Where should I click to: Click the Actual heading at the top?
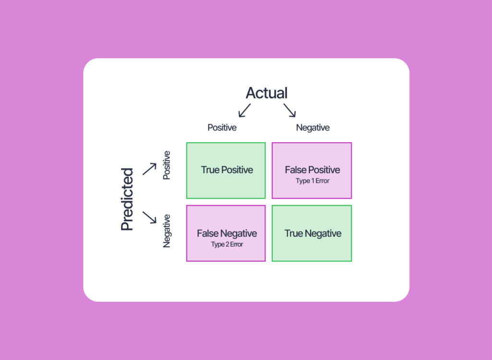pyautogui.click(x=267, y=93)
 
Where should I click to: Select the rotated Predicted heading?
pyautogui.click(x=127, y=199)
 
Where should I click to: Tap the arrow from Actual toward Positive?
pyautogui.click(x=245, y=110)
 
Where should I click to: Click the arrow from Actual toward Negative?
pyautogui.click(x=290, y=110)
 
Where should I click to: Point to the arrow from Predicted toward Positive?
pyautogui.click(x=149, y=169)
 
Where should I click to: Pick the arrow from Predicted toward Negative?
pyautogui.click(x=149, y=217)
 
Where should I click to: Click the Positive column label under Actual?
pyautogui.click(x=222, y=128)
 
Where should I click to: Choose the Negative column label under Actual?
pyautogui.click(x=313, y=128)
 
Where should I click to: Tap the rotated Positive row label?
pyautogui.click(x=167, y=165)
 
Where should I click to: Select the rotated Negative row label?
pyautogui.click(x=167, y=231)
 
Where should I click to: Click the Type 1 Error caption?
pyautogui.click(x=313, y=181)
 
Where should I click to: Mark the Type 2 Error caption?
pyautogui.click(x=227, y=244)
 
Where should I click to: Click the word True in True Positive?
pyautogui.click(x=210, y=170)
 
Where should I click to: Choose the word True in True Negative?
pyautogui.click(x=294, y=234)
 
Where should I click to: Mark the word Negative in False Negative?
pyautogui.click(x=239, y=234)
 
